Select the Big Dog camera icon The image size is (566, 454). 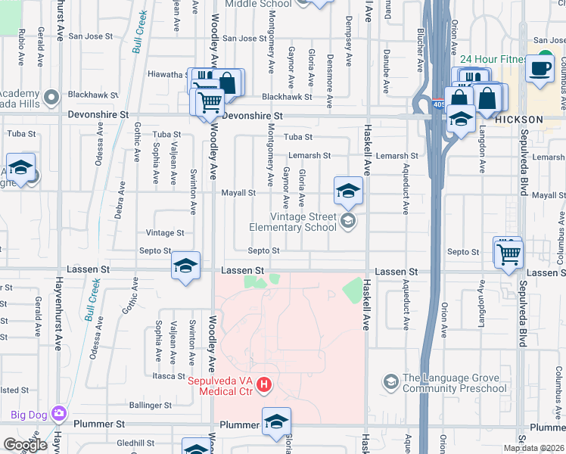pyautogui.click(x=61, y=414)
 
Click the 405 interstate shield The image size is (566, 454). pyautogui.click(x=440, y=108)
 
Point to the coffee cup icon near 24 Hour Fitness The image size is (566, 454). pyautogui.click(x=540, y=67)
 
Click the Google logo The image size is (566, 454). pyautogui.click(x=25, y=445)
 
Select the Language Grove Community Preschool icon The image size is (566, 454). pyautogui.click(x=390, y=381)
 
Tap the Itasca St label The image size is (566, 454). pyautogui.click(x=169, y=376)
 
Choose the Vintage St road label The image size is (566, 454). pyautogui.click(x=165, y=233)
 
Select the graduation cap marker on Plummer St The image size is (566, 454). pyautogui.click(x=276, y=423)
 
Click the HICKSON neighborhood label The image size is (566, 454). pyautogui.click(x=518, y=120)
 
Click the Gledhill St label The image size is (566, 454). pyautogui.click(x=136, y=443)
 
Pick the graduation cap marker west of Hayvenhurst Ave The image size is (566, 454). pyautogui.click(x=21, y=170)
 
